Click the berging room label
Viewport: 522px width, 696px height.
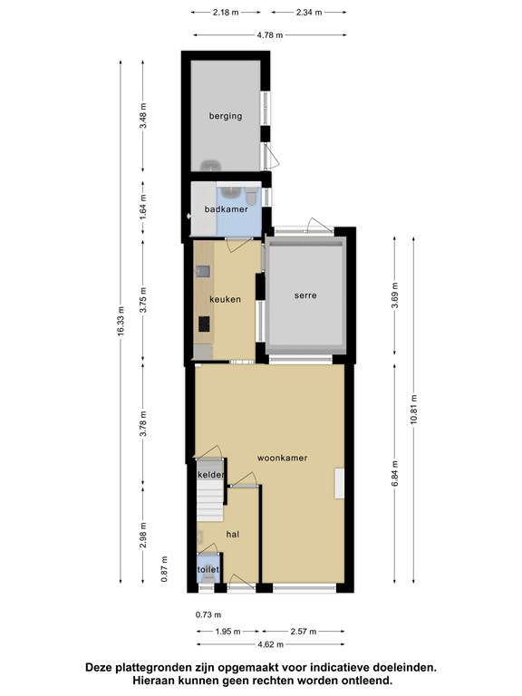click(226, 116)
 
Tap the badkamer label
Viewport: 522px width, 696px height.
click(226, 209)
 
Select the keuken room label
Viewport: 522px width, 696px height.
click(225, 300)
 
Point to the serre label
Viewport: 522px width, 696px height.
click(305, 295)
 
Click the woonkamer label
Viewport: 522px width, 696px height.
click(283, 458)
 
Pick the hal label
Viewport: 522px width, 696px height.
click(233, 535)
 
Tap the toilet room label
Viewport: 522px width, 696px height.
click(208, 569)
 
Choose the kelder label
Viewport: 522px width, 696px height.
click(211, 475)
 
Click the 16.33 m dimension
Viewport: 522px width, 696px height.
click(121, 322)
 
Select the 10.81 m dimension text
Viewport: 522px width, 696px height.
click(413, 410)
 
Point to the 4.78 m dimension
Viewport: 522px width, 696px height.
click(270, 35)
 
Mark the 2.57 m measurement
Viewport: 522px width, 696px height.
click(304, 631)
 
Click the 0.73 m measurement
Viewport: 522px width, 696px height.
click(208, 614)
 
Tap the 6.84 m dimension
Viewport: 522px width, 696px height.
click(395, 473)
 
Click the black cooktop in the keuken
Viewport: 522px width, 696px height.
click(204, 324)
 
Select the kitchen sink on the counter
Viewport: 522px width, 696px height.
click(203, 271)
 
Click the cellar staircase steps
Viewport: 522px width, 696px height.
click(210, 501)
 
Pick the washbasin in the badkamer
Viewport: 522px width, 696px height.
click(231, 192)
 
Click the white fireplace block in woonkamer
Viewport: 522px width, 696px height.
click(340, 483)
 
